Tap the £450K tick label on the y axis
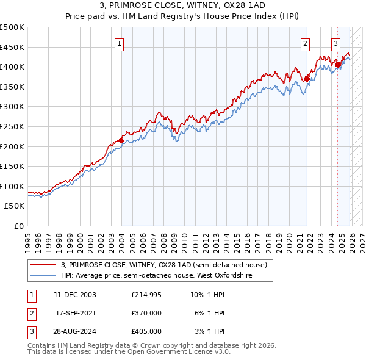(12, 47)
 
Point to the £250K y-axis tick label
(12, 126)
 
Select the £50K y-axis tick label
(15, 206)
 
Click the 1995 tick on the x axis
(28, 238)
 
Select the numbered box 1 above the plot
(119, 43)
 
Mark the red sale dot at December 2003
(121, 140)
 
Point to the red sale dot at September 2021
(307, 79)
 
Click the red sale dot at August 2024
(337, 65)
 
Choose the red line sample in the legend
(43, 265)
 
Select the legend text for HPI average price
(157, 276)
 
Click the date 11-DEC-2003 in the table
(75, 295)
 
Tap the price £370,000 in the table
(146, 313)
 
